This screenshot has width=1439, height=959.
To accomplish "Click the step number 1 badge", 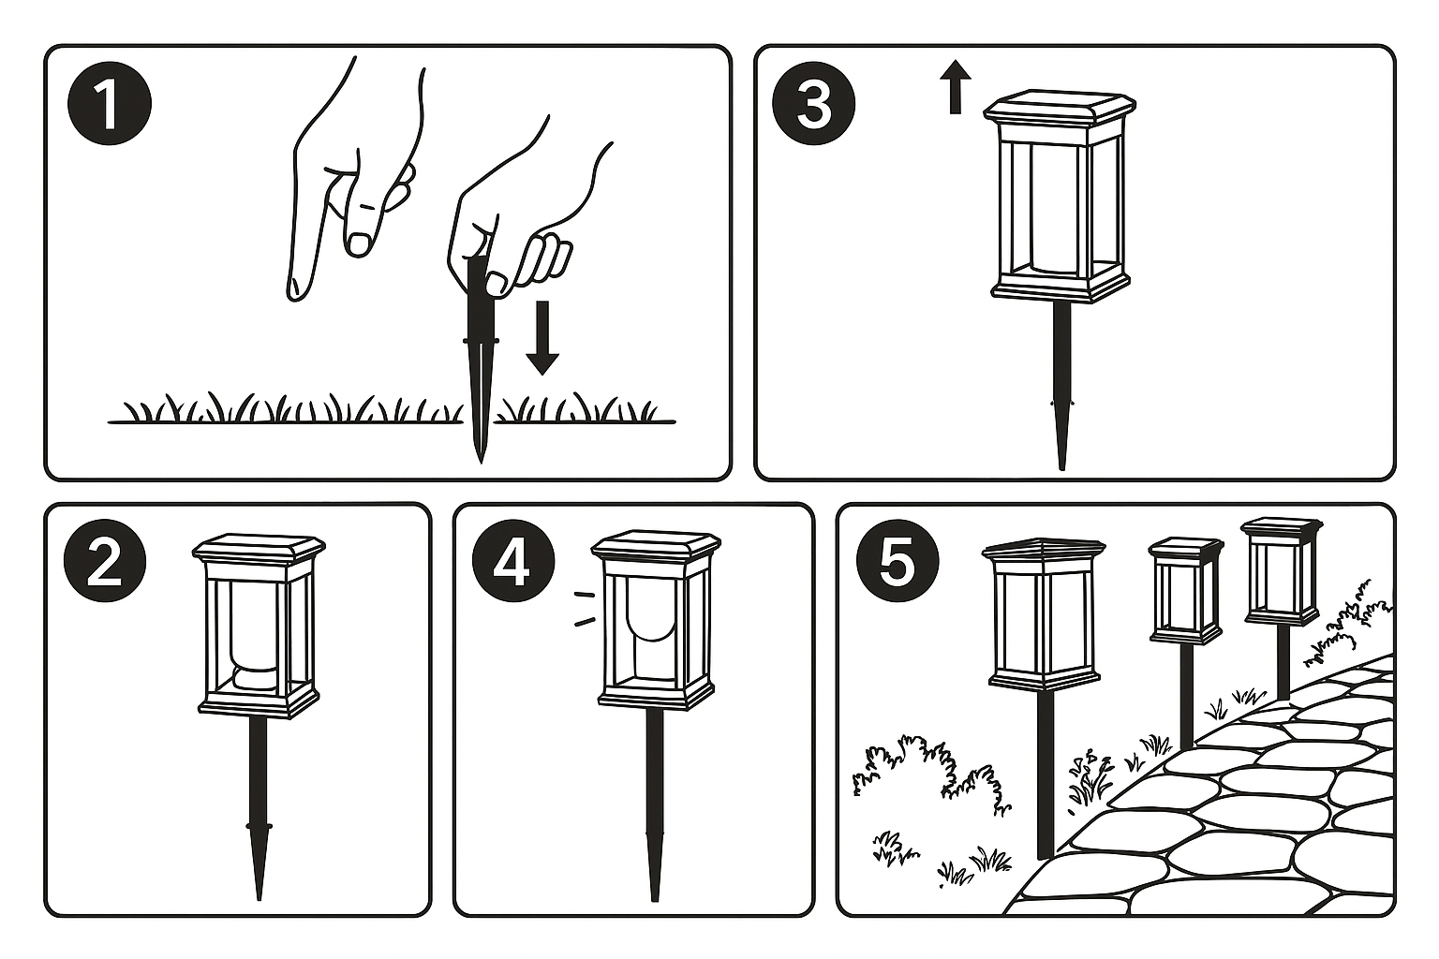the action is (110, 103).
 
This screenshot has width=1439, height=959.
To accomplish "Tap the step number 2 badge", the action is (105, 561).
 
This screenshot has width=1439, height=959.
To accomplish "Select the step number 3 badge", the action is (813, 103).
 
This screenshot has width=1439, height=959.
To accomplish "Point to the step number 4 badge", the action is (513, 561).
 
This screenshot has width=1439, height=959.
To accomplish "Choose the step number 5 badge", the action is (897, 561).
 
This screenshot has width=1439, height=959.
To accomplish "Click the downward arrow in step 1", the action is (542, 338).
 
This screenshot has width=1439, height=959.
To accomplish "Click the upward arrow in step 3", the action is (956, 87).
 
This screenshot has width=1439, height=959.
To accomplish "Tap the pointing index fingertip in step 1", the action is (296, 289).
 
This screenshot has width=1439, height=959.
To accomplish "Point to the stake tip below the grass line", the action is (481, 453).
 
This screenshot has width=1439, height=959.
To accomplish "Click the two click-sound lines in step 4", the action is (584, 608).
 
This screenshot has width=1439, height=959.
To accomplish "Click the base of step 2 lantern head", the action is (259, 704).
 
